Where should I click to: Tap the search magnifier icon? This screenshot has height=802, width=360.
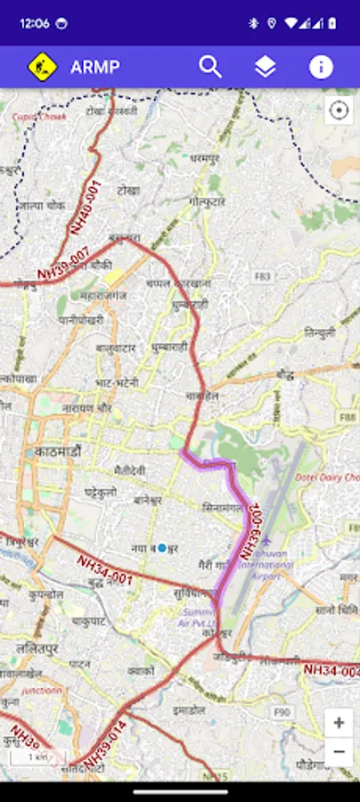(210, 67)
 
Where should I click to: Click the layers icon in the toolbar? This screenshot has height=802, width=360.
(265, 67)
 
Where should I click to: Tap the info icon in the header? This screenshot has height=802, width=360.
(321, 67)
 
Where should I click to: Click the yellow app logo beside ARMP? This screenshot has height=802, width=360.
(42, 67)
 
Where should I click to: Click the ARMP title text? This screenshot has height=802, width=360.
(95, 67)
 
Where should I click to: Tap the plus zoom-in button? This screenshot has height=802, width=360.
(339, 723)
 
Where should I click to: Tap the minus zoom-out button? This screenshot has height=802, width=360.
(339, 752)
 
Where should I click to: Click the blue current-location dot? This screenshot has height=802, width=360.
(162, 549)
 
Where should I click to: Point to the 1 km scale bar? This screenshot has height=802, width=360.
(38, 757)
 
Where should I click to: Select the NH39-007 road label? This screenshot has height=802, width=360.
(62, 265)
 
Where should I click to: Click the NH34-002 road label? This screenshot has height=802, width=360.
(331, 669)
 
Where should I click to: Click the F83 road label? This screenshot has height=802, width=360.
(262, 276)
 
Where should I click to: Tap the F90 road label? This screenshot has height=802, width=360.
(282, 711)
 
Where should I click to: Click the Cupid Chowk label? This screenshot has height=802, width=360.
(34, 117)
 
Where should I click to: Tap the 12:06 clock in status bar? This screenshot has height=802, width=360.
(33, 23)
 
